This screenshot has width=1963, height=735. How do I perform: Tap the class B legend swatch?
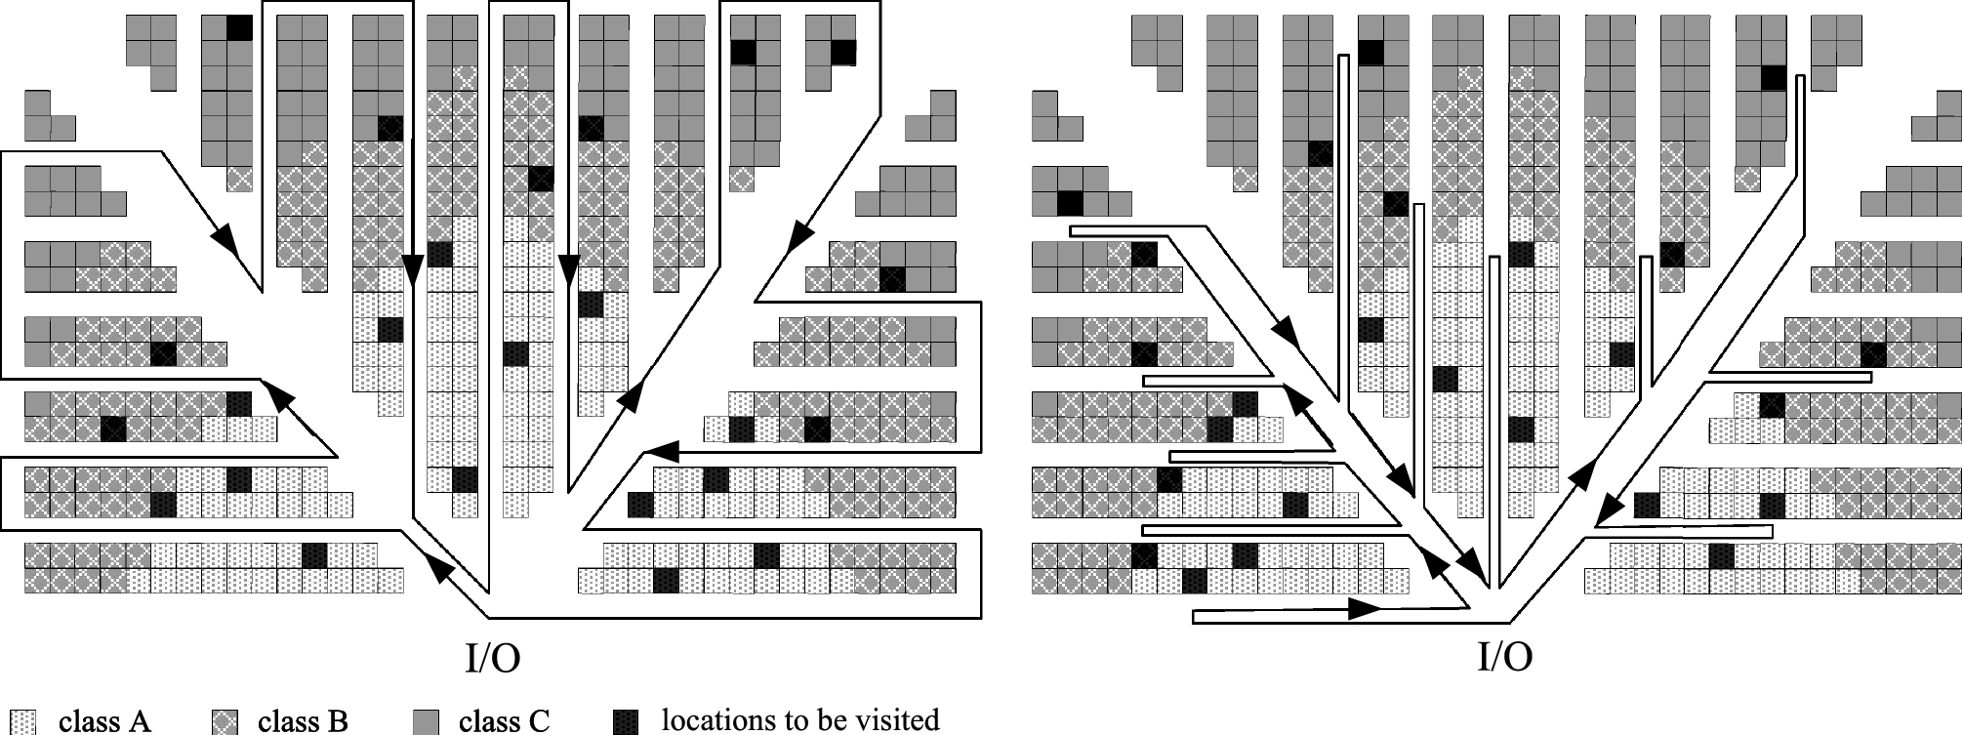tap(224, 721)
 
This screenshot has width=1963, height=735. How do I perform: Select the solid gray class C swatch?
tap(425, 721)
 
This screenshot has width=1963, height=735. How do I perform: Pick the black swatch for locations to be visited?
tap(626, 721)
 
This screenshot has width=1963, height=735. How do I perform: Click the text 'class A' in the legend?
tap(104, 721)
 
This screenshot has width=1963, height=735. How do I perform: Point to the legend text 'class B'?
tap(303, 721)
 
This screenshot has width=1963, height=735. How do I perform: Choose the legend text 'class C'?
tap(504, 721)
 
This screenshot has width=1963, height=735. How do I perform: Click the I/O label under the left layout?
tap(492, 658)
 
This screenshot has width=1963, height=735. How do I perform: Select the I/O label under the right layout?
tap(1504, 658)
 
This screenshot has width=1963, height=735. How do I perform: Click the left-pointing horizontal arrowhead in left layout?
tap(662, 453)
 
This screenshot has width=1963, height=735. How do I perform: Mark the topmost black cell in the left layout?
tap(239, 27)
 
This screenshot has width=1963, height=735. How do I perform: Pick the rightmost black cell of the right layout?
tap(1873, 353)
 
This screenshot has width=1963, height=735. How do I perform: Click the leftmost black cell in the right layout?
tap(1071, 203)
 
